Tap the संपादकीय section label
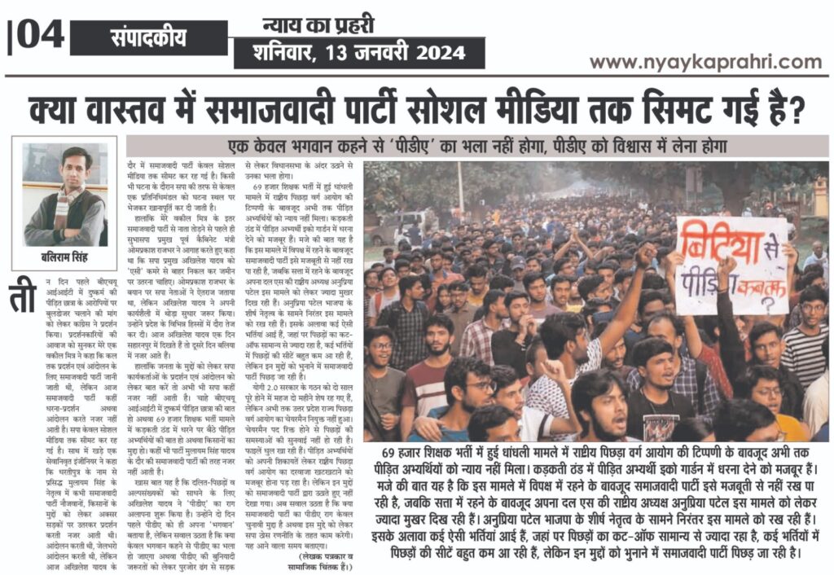[x=149, y=37]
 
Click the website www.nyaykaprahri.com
[x=705, y=62]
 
